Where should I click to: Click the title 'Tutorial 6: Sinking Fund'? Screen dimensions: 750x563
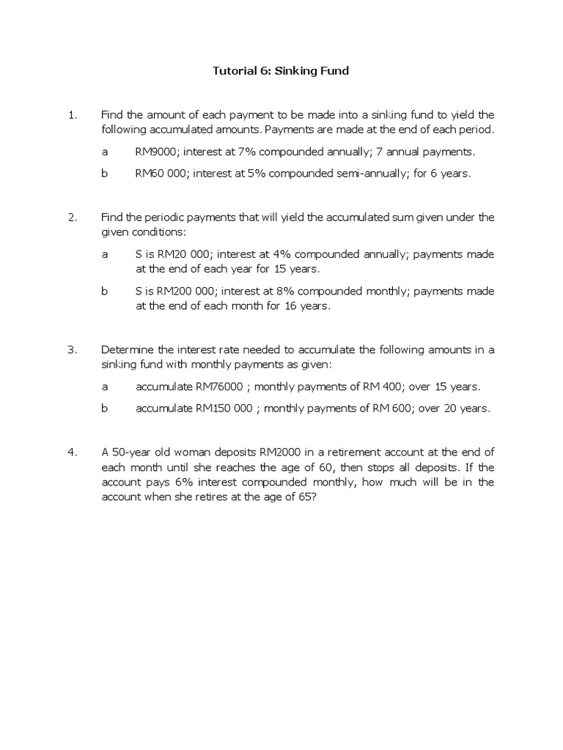281,71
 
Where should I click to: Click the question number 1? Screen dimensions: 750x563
71,115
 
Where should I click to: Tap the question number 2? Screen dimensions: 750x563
71,218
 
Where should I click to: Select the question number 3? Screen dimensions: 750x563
71,350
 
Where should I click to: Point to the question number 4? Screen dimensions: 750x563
71,453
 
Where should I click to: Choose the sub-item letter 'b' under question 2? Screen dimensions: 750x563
104,292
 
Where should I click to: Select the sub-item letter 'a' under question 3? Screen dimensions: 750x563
104,387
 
